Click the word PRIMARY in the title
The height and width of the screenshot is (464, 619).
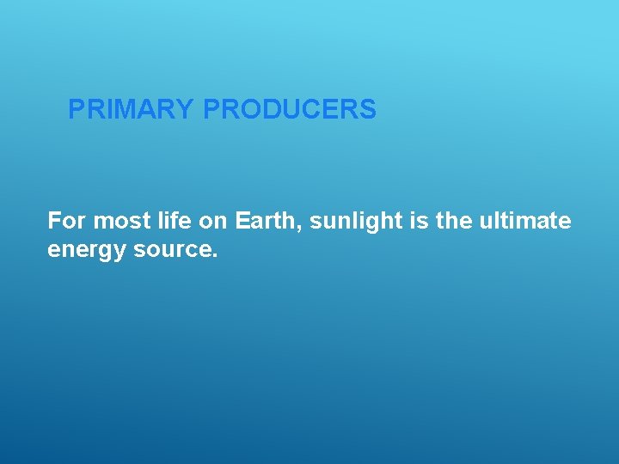pyautogui.click(x=132, y=110)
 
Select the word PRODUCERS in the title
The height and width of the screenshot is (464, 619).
pyautogui.click(x=290, y=110)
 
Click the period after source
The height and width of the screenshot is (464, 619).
pyautogui.click(x=217, y=258)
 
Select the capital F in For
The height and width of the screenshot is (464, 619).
pyautogui.click(x=54, y=222)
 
